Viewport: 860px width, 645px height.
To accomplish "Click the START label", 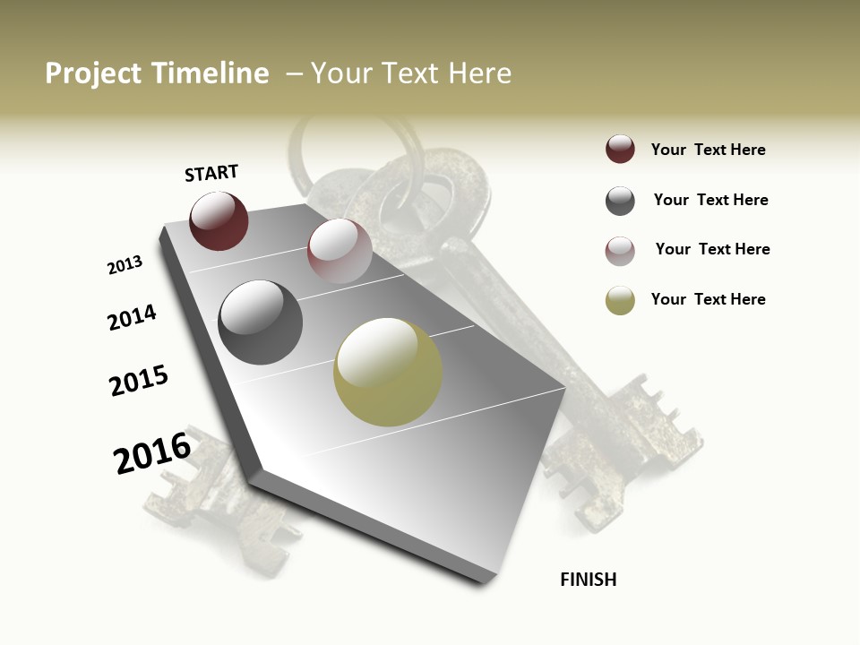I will pos(211,173).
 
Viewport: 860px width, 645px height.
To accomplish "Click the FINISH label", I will pos(588,580).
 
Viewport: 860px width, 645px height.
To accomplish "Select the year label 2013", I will pos(125,265).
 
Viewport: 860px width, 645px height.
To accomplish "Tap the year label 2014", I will pos(132,317).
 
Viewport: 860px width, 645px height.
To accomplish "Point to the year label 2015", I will pos(139,381).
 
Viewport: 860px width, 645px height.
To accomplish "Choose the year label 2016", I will pos(152,452).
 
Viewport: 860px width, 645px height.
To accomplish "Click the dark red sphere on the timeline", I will pos(219,220).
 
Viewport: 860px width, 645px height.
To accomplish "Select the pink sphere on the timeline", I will pos(340,251).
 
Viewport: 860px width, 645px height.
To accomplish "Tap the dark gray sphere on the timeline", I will pos(261,322).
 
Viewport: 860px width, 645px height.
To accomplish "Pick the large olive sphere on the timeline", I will pos(388,372).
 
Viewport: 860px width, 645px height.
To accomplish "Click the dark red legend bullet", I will pos(620,149).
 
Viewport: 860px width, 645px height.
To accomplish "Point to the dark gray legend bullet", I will pos(620,201).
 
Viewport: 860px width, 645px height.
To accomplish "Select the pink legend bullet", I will pos(620,251).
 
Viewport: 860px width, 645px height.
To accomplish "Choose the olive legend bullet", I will pos(620,300).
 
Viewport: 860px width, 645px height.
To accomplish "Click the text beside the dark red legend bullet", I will pos(708,150).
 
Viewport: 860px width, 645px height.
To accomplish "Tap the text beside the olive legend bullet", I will pos(708,299).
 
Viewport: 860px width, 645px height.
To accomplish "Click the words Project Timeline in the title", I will pos(157,73).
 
